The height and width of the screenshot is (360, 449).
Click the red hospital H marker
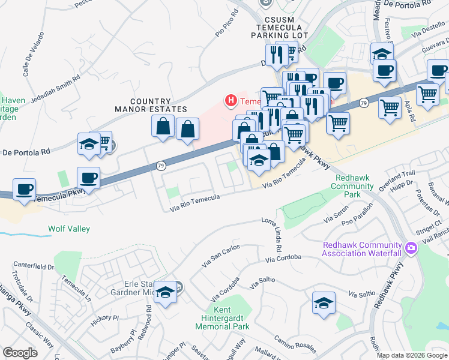(230, 101)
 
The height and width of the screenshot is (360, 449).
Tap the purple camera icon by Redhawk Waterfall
(411, 247)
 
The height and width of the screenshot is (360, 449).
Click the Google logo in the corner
(20, 353)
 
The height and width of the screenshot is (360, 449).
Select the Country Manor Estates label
(150, 106)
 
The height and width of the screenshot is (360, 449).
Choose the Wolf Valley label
(69, 229)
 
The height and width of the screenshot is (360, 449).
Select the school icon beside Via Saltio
(324, 302)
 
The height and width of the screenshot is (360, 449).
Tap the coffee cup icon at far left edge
(24, 189)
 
